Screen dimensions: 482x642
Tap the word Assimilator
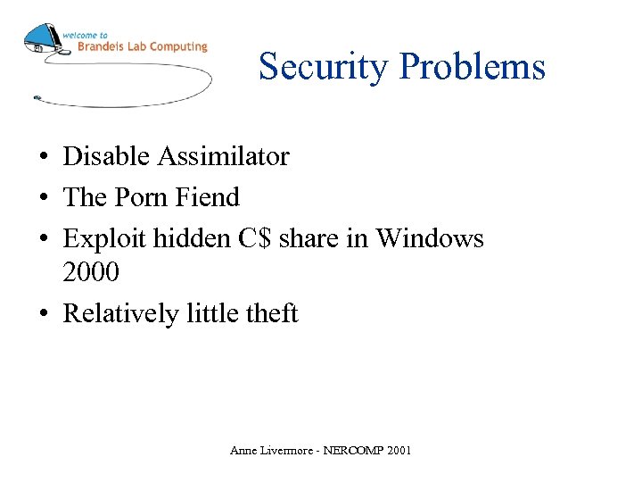(x=224, y=156)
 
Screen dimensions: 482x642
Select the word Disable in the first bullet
(x=106, y=156)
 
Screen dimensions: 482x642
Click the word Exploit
(x=104, y=238)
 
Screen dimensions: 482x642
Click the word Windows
(x=430, y=238)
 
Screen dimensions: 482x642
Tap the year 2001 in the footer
(x=398, y=451)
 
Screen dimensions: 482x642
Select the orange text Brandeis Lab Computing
(x=143, y=46)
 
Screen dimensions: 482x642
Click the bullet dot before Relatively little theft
(x=43, y=314)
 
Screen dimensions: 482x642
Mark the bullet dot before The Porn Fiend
(x=43, y=198)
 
